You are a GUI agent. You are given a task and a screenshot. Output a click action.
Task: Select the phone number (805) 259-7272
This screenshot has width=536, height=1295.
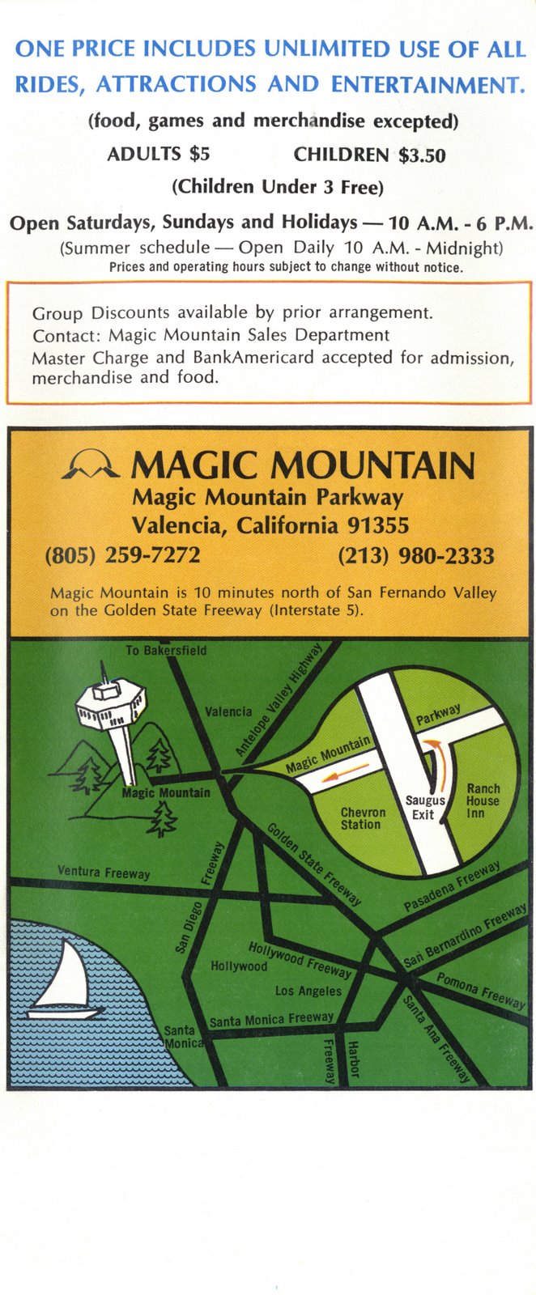click(x=123, y=555)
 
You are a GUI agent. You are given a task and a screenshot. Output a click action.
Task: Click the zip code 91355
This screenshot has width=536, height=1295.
click(x=378, y=525)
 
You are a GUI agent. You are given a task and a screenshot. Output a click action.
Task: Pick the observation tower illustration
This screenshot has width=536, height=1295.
click(x=112, y=720)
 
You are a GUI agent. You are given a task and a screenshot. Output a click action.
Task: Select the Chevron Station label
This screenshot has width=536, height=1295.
click(x=363, y=818)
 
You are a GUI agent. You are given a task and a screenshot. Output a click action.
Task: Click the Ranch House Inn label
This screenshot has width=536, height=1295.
click(x=483, y=800)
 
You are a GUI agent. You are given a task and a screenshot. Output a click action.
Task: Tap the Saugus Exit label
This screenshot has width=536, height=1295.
click(x=424, y=807)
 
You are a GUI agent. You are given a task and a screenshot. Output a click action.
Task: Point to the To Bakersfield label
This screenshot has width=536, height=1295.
click(x=166, y=650)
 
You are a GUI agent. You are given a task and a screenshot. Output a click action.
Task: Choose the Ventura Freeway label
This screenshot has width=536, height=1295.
click(x=104, y=873)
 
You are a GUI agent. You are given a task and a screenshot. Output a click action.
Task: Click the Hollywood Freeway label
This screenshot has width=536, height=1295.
click(x=300, y=959)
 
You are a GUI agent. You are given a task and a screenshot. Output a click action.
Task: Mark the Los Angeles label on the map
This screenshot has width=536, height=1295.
click(x=308, y=991)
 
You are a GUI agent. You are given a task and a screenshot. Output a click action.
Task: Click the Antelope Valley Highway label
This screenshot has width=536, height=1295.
click(x=279, y=700)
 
